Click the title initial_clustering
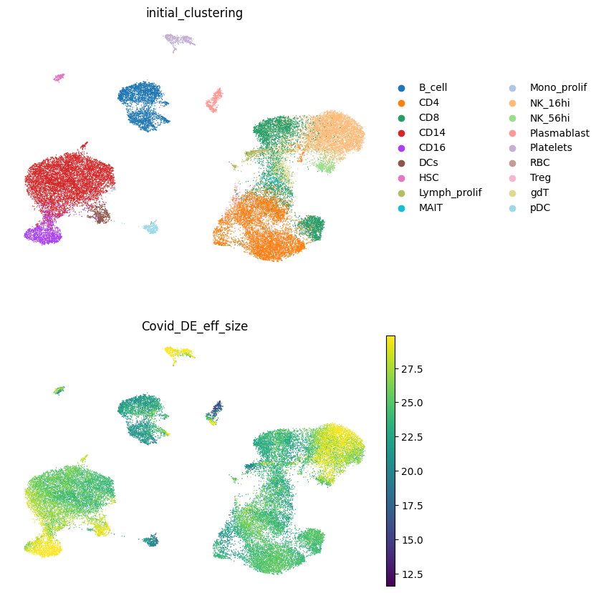click(x=194, y=13)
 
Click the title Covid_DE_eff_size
click(x=195, y=326)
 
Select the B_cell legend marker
click(x=402, y=88)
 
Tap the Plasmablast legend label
click(x=559, y=133)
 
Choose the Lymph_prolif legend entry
click(x=450, y=192)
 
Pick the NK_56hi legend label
click(x=549, y=118)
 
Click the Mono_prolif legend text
click(x=559, y=88)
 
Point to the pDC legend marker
click(x=513, y=208)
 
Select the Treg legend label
click(x=540, y=177)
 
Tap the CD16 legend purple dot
click(x=402, y=148)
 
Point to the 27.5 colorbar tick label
click(x=412, y=369)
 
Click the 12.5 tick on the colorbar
click(x=412, y=574)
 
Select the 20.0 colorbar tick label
click(x=412, y=471)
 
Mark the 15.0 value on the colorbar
click(x=412, y=540)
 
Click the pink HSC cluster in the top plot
click(x=59, y=77)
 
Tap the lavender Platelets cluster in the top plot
click(x=178, y=40)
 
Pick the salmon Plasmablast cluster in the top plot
click(x=215, y=100)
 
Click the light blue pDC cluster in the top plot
click(x=151, y=227)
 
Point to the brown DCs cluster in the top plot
click(x=100, y=213)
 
